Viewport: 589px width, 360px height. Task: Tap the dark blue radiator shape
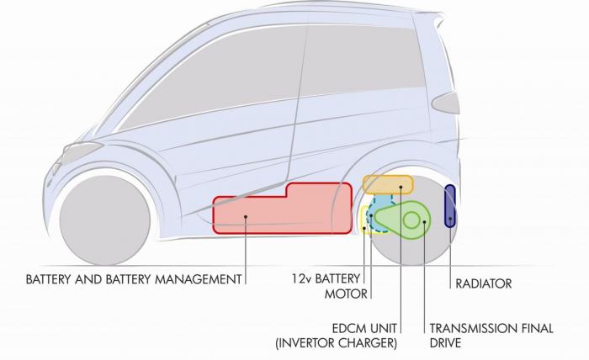pyautogui.click(x=450, y=206)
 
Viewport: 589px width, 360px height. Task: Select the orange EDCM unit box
pyautogui.click(x=387, y=184)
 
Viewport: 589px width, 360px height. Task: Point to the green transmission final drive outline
pyautogui.click(x=404, y=220)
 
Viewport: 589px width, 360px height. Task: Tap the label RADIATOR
pyautogui.click(x=483, y=283)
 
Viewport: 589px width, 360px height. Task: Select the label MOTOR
pyautogui.click(x=346, y=294)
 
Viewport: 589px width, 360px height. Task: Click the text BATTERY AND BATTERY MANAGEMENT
pyautogui.click(x=134, y=278)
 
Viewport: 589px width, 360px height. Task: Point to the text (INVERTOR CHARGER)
pyautogui.click(x=335, y=343)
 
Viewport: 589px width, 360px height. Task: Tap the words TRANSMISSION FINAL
pyautogui.click(x=491, y=328)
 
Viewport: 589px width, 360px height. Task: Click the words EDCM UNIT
pyautogui.click(x=363, y=328)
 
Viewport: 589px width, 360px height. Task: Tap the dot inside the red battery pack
pyautogui.click(x=245, y=217)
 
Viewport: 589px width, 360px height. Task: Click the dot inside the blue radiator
pyautogui.click(x=451, y=220)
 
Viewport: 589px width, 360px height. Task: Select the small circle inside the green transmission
pyautogui.click(x=411, y=220)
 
